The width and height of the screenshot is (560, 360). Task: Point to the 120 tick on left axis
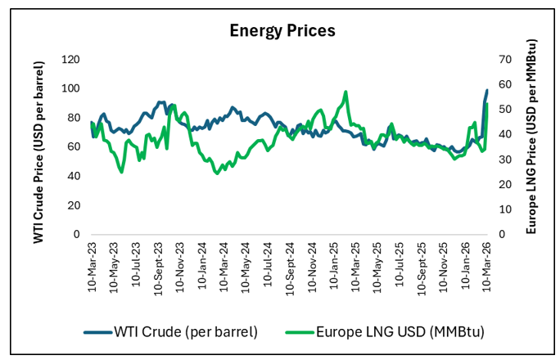71,60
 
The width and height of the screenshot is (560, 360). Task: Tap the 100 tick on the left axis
71,88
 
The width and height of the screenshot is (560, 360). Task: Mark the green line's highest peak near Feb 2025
346,92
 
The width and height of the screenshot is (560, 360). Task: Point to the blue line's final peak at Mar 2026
487,90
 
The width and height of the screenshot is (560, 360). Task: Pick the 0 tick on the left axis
76,234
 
